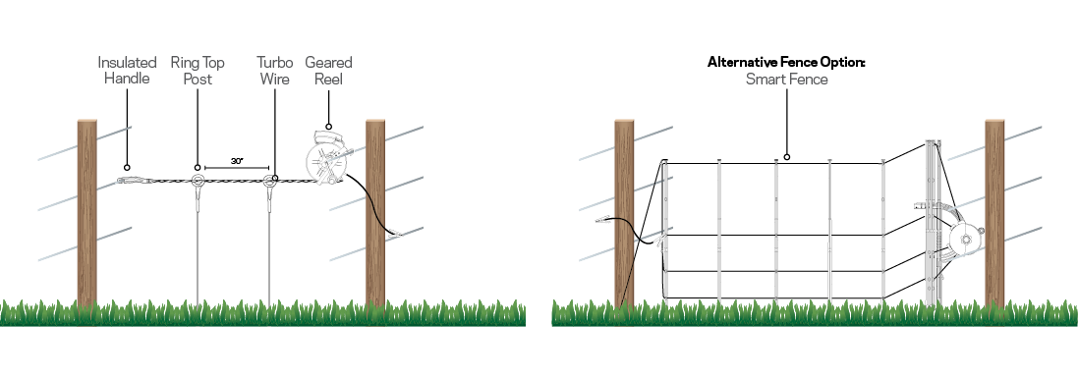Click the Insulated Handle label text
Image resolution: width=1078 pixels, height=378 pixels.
tap(127, 71)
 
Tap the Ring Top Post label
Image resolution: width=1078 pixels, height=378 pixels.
tap(198, 71)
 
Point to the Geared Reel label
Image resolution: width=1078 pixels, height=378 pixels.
tap(328, 71)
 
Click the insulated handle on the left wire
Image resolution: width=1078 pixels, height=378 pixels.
tap(134, 181)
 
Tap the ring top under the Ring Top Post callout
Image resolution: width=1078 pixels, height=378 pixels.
tap(198, 181)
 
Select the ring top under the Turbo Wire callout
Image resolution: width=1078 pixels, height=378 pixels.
tap(272, 180)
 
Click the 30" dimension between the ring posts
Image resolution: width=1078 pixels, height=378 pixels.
tap(237, 159)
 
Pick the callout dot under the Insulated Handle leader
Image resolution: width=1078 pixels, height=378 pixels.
tap(127, 167)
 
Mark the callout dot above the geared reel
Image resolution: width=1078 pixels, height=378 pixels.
tap(328, 126)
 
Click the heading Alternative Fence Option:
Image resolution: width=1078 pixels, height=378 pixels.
tap(787, 62)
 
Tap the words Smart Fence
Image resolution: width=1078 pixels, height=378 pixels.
tap(787, 80)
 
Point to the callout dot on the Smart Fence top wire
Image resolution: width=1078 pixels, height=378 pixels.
tap(787, 156)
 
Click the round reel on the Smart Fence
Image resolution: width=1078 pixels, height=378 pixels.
tap(965, 238)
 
